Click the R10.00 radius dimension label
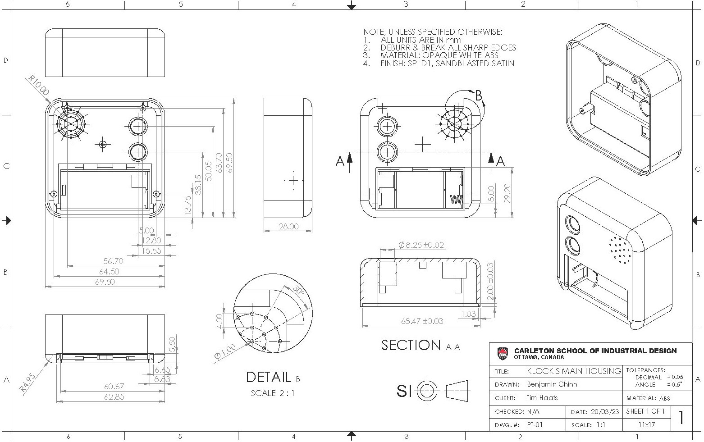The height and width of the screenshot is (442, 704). coord(39,85)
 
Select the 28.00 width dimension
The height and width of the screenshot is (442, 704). coord(288,226)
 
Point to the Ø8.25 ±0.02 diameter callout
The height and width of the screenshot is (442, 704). coord(421,245)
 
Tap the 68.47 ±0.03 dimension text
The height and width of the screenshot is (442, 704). coord(422,321)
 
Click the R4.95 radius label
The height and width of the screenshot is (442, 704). coord(27,383)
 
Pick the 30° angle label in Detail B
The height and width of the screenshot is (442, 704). coord(298,291)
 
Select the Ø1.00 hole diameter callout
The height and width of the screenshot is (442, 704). coord(225,351)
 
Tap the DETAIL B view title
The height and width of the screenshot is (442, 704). coord(273,377)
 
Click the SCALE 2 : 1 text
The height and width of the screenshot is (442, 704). coord(273,393)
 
